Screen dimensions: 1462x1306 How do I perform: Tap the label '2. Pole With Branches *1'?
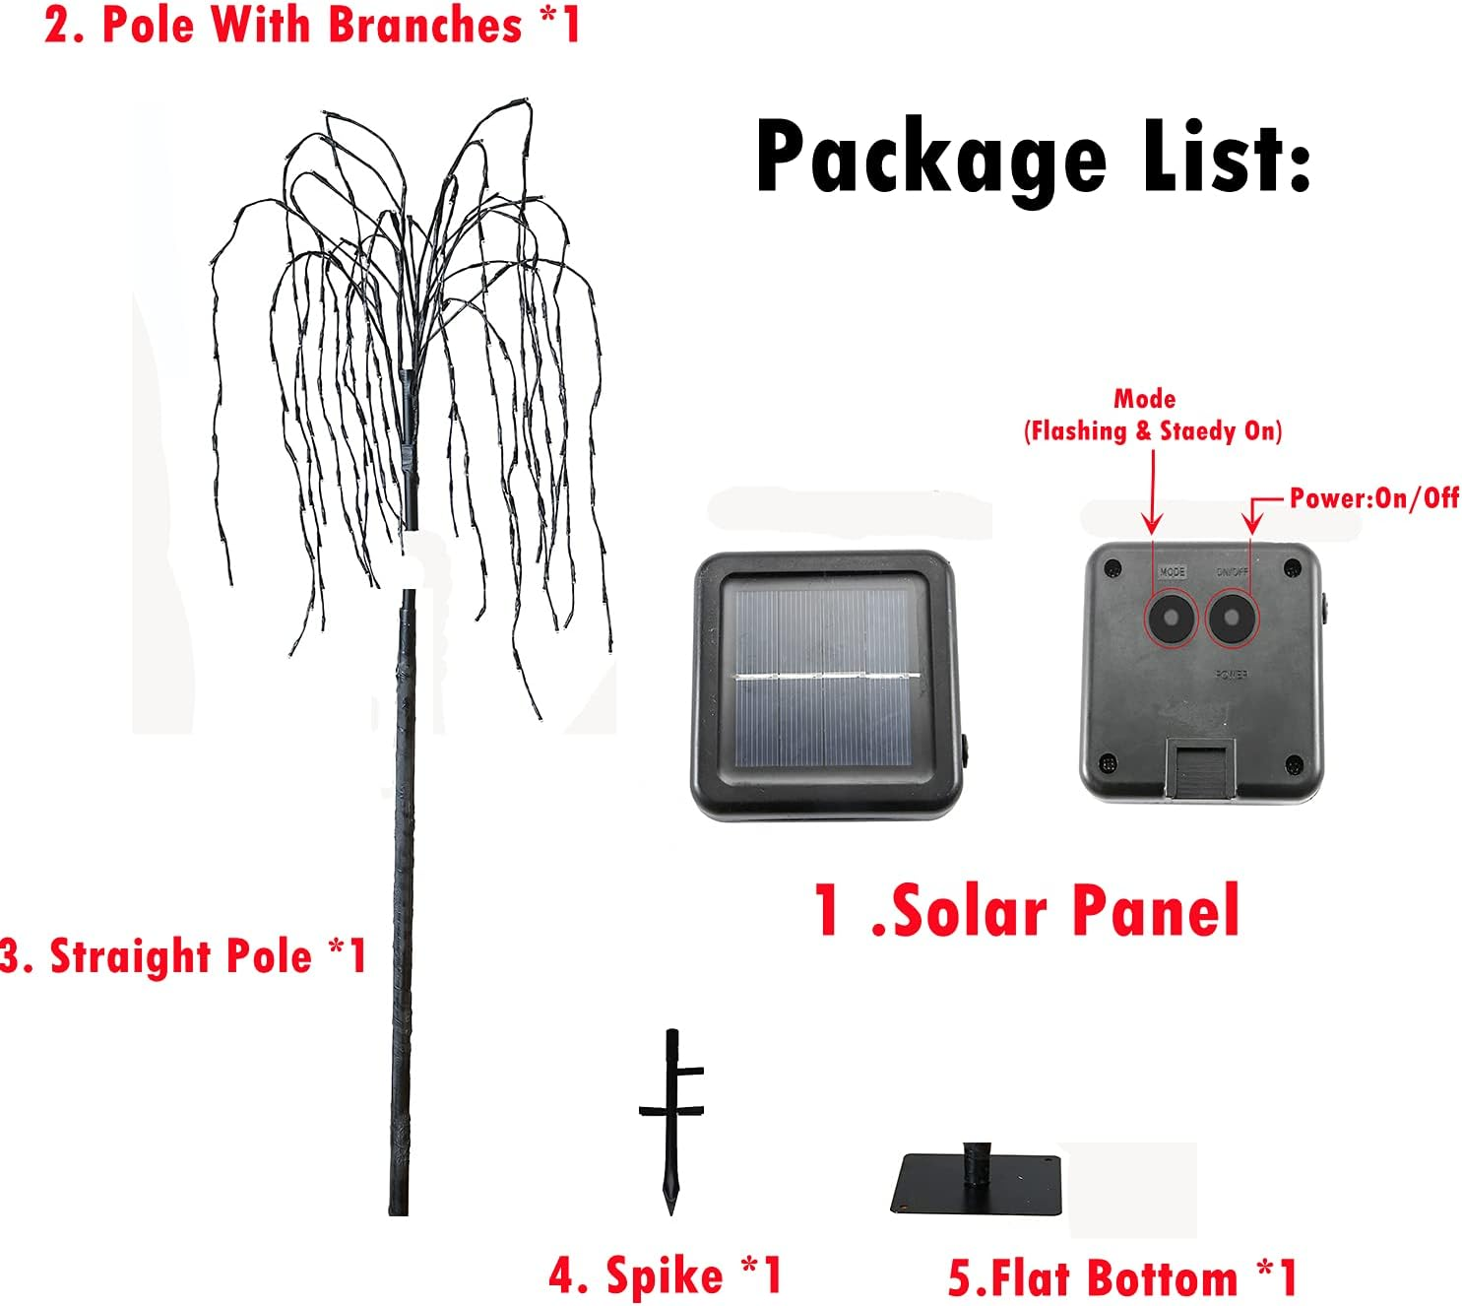click(313, 25)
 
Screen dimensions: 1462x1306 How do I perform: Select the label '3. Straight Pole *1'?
click(184, 956)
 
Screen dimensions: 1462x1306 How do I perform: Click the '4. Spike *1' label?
click(666, 1275)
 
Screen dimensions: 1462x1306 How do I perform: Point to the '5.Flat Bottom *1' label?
click(1122, 1278)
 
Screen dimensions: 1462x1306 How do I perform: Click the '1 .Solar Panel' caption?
click(1027, 910)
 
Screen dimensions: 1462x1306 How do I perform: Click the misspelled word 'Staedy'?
click(1198, 431)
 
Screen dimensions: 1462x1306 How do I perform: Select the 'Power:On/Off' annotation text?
click(1374, 498)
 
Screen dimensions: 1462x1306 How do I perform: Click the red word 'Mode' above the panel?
click(1144, 399)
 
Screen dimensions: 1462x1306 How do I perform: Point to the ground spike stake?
click(671, 1133)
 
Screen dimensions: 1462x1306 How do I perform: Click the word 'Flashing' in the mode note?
click(1077, 431)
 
